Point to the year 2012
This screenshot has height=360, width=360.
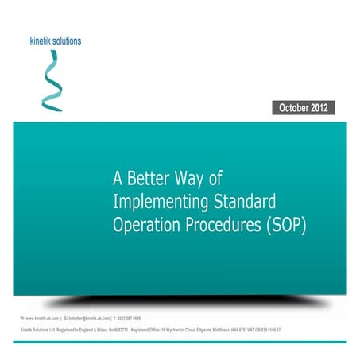[320, 107]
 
